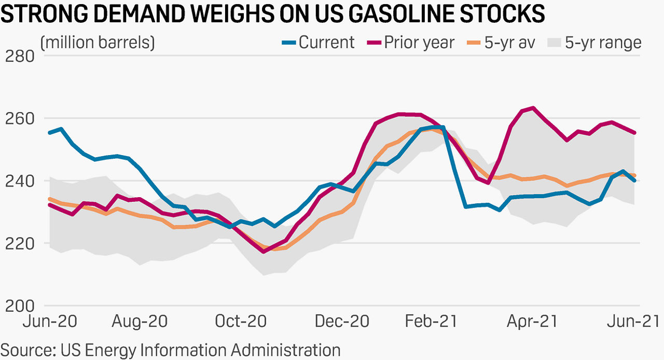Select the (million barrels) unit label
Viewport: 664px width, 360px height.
[98, 43]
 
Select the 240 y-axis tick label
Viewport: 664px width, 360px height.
[19, 181]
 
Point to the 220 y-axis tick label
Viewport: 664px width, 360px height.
[19, 243]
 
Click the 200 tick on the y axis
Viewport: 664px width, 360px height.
[19, 306]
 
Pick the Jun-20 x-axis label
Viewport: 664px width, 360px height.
[50, 321]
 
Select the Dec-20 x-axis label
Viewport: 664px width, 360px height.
[342, 321]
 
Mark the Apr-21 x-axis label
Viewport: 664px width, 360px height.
[532, 321]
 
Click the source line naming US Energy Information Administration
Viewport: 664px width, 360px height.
[170, 350]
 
